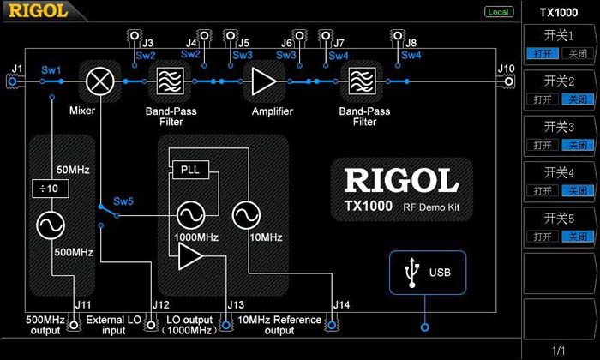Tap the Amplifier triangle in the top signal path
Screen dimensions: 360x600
pos(263,82)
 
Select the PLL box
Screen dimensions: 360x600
pos(189,169)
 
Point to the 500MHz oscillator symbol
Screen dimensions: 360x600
pos(49,225)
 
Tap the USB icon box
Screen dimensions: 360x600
pos(426,273)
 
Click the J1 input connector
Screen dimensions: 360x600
pos(13,81)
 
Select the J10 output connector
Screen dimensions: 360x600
pos(507,82)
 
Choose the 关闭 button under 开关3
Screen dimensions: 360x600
pos(575,145)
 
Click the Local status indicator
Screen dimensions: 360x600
pos(497,12)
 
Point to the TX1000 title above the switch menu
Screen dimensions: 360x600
pos(561,12)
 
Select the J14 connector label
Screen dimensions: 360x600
pos(342,303)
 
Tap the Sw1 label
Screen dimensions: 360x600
pos(51,69)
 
